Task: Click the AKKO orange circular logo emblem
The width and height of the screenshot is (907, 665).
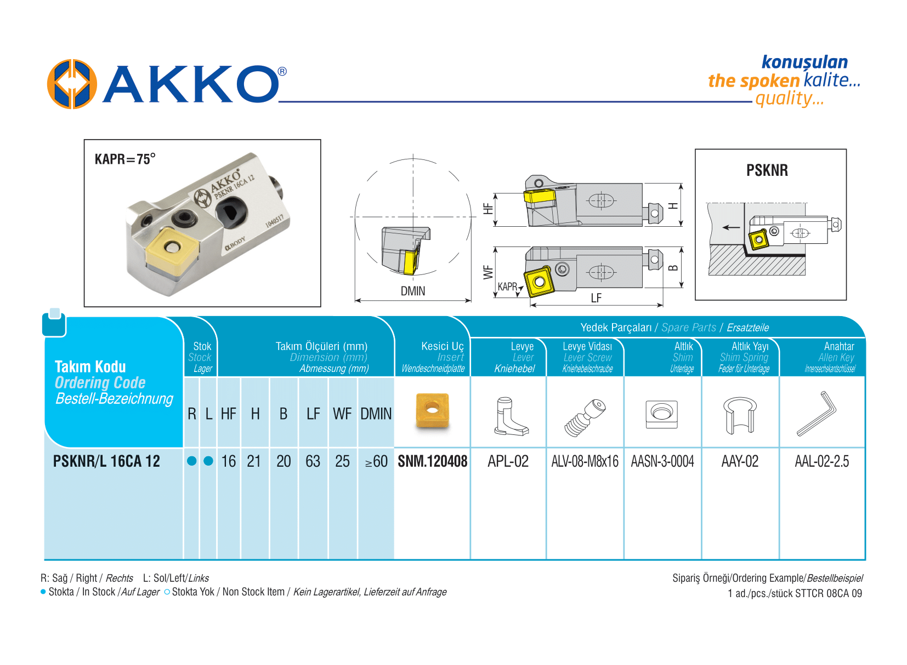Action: (72, 84)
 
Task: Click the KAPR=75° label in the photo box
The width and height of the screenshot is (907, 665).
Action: (125, 159)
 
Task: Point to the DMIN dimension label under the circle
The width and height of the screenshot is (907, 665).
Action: (413, 291)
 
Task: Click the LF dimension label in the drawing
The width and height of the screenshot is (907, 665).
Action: (596, 298)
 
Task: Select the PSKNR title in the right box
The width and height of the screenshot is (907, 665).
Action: (767, 170)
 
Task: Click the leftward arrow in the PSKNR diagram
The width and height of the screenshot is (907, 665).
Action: (732, 227)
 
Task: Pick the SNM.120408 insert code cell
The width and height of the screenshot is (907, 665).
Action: (433, 461)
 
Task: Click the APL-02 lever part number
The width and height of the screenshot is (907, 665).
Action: (508, 461)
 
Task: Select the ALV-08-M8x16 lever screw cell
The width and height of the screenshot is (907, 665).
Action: (585, 461)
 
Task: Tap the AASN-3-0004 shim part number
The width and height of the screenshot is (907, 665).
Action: (662, 461)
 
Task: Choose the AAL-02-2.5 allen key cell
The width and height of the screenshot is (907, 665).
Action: (822, 461)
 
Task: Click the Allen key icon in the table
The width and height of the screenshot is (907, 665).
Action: (817, 414)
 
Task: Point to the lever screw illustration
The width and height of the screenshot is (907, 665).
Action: (586, 417)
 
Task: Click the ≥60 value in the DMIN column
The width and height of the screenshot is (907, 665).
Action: (376, 461)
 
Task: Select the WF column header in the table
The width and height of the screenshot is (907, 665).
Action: (342, 414)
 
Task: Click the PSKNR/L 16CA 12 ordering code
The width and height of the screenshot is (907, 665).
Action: (106, 461)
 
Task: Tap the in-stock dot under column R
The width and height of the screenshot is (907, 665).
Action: (192, 461)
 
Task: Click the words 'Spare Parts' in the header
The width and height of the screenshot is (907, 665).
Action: (689, 328)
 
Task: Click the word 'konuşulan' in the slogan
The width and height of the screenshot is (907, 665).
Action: (805, 62)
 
